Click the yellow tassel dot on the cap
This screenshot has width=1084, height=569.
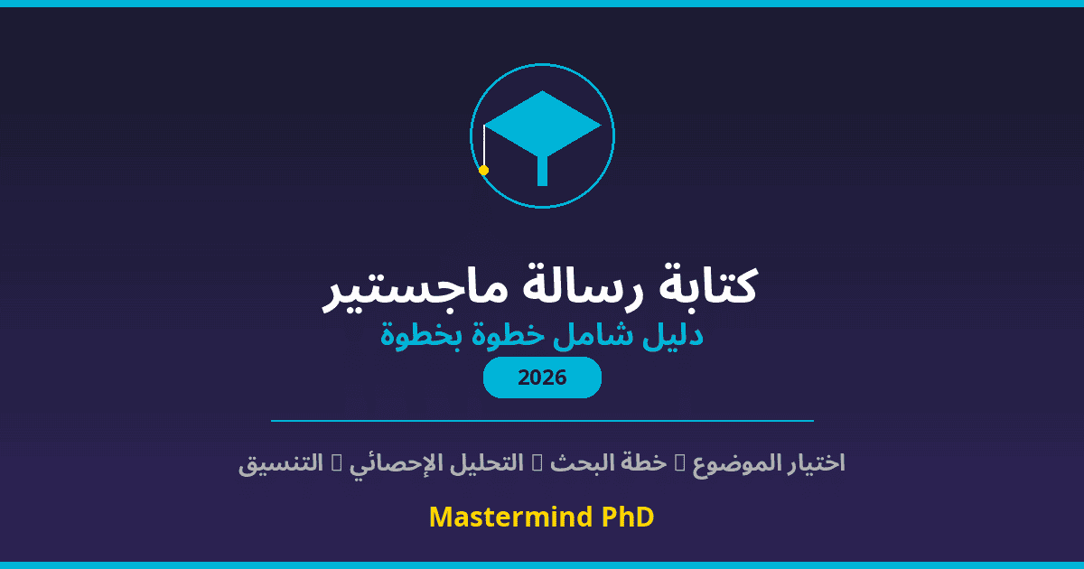click(x=483, y=170)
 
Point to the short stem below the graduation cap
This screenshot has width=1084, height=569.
click(x=542, y=171)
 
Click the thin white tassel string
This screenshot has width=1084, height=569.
click(x=484, y=145)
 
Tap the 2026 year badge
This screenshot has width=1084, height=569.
click(x=542, y=378)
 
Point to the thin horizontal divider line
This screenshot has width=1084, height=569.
click(x=542, y=421)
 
